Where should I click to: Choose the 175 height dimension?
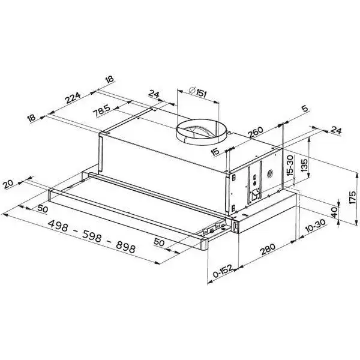352,197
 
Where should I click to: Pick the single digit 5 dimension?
305,109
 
